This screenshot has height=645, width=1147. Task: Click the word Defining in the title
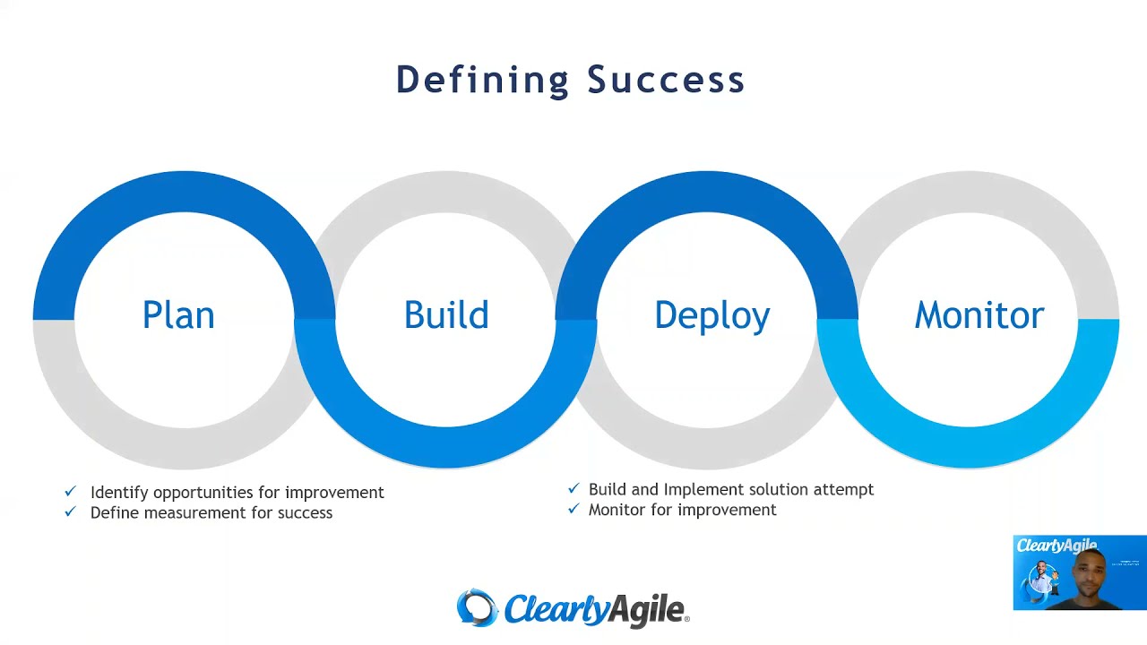(482, 80)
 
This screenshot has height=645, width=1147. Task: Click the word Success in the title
(666, 80)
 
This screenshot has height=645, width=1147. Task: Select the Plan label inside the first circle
(178, 315)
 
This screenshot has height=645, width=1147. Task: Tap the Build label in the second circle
(446, 315)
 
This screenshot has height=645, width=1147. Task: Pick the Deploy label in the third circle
(712, 316)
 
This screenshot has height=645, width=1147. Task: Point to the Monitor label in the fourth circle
(979, 315)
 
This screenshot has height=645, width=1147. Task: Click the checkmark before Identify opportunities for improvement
(71, 492)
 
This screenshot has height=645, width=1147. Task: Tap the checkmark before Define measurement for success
(71, 512)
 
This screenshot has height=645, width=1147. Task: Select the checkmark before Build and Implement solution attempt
(573, 488)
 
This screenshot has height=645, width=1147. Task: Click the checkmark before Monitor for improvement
(573, 509)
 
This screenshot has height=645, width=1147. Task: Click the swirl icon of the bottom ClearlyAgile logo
(477, 608)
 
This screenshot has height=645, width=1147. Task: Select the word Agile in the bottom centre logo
(642, 610)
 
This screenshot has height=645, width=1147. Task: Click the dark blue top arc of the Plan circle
(184, 191)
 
